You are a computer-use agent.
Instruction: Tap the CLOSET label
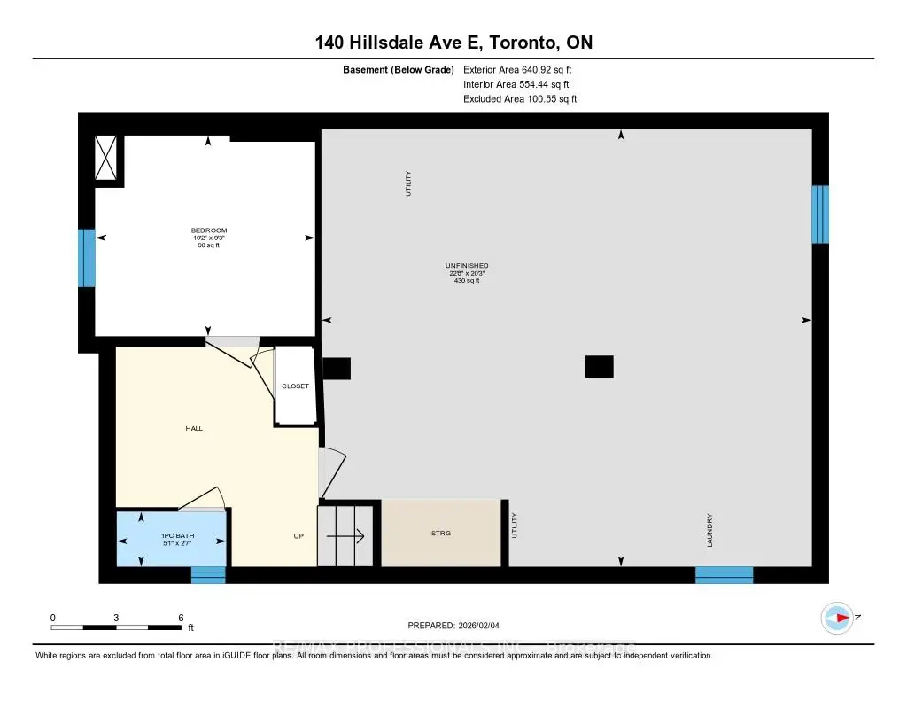click(x=295, y=386)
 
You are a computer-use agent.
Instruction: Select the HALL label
click(x=194, y=428)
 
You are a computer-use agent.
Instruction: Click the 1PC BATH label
click(x=173, y=536)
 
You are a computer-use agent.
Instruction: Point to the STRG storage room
click(x=441, y=534)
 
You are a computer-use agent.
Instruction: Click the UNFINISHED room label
click(x=467, y=266)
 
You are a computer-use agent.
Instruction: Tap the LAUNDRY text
click(x=710, y=530)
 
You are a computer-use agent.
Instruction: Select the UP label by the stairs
click(x=299, y=536)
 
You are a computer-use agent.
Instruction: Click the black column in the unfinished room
click(x=600, y=366)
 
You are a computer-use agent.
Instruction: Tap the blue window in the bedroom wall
click(x=86, y=258)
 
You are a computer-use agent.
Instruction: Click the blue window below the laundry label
click(x=724, y=575)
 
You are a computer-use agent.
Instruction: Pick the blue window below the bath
click(x=208, y=575)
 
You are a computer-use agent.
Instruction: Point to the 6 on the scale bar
click(x=181, y=617)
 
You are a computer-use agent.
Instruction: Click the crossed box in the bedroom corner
click(x=108, y=159)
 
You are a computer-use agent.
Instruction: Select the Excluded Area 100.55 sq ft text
click(x=520, y=99)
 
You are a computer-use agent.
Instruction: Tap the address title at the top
click(x=453, y=43)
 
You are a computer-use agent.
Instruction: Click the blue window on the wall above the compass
click(x=821, y=214)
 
